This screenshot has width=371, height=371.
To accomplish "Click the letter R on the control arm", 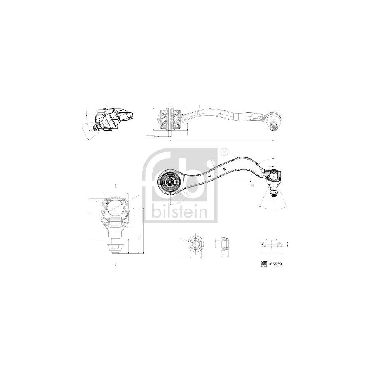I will coord(224,169).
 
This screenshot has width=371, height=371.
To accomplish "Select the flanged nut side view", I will coord(223,244).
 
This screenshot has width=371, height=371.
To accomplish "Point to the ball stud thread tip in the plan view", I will coord(273,193).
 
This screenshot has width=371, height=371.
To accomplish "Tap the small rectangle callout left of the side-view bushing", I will coord(151,136).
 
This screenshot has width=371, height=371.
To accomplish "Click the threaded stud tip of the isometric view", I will coord(95,128).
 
